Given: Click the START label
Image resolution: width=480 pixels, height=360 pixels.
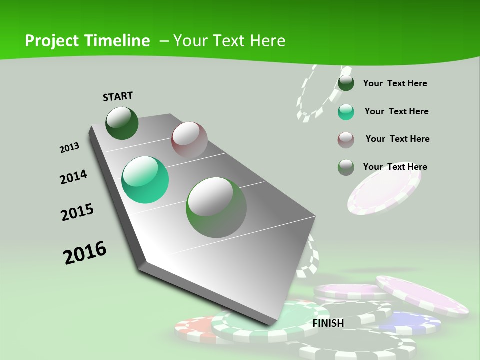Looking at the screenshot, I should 118,96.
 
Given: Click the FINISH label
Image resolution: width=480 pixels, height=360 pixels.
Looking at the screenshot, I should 328,323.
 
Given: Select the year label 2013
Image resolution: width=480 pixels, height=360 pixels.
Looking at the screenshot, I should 69,148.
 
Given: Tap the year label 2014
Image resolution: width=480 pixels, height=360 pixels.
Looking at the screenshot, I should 73,177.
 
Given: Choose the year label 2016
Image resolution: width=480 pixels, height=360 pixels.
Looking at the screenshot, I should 85,253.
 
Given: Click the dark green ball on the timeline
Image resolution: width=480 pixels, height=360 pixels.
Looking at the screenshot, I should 122,123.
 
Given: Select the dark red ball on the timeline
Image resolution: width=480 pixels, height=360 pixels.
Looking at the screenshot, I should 189,139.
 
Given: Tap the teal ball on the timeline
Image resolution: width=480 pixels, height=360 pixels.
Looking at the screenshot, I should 145,180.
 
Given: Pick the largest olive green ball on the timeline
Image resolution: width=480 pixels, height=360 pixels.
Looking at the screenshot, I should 216,207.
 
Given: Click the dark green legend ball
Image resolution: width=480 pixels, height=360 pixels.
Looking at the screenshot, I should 346,83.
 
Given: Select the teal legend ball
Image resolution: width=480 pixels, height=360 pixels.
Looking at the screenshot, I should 346,112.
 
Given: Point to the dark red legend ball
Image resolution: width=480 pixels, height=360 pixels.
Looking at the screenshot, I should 346,140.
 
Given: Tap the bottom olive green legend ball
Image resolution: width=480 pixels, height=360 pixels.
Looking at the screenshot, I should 346,167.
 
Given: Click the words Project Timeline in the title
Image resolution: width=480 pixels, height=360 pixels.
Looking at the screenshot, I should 87,41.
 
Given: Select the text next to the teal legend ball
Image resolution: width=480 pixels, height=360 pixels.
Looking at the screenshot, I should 396,111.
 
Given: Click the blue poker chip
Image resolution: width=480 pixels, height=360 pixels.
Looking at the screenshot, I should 410,322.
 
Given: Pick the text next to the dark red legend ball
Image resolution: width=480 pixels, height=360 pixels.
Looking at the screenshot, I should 397,139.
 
